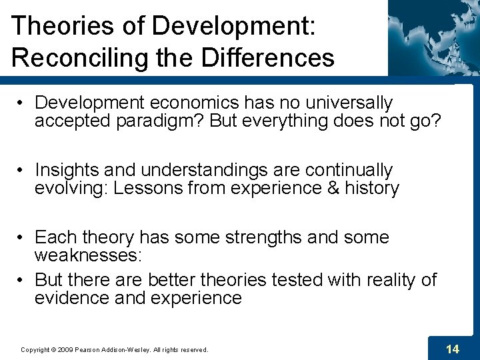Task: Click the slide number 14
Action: pos(452,349)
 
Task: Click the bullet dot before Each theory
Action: pos(22,238)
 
